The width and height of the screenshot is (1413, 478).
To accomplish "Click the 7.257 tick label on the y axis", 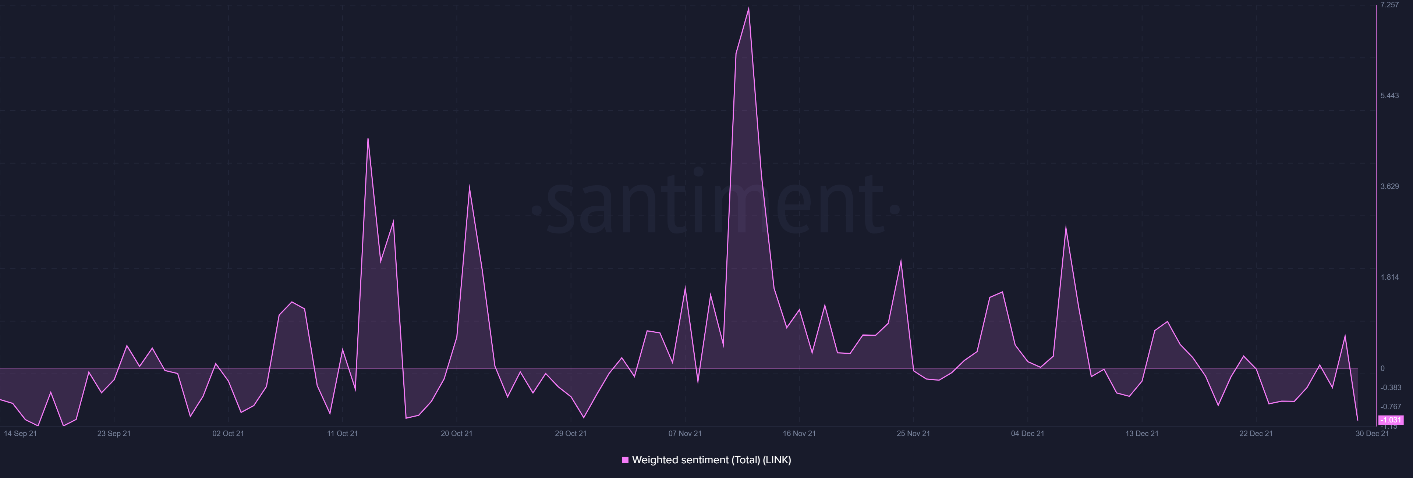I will tap(1389, 5).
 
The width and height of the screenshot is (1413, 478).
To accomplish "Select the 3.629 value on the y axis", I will tap(1389, 187).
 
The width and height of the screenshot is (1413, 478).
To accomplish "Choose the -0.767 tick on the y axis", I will tap(1391, 407).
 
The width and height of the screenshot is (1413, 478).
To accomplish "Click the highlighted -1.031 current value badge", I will tap(1391, 420).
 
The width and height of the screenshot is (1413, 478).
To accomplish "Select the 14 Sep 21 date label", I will tap(20, 434).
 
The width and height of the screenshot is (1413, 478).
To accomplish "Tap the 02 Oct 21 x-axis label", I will tap(228, 434).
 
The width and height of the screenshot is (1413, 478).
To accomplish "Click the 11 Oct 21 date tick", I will tap(342, 434).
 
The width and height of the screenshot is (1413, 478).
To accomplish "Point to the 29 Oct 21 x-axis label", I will tap(570, 434).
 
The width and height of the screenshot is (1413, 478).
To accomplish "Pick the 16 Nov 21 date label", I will tap(799, 434).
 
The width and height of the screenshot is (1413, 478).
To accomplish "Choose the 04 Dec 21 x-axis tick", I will tap(1027, 434).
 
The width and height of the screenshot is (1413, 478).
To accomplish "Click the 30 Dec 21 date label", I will tap(1372, 434).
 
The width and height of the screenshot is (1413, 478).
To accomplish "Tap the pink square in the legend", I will tap(625, 460).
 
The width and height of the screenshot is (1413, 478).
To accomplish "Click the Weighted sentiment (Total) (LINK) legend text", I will tap(711, 460).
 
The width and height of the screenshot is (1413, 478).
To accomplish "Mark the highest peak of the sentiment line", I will tap(749, 8).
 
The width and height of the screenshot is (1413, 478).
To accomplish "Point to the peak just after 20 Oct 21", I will tap(470, 187).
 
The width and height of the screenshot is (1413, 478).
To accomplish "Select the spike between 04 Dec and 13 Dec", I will tap(1066, 226).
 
